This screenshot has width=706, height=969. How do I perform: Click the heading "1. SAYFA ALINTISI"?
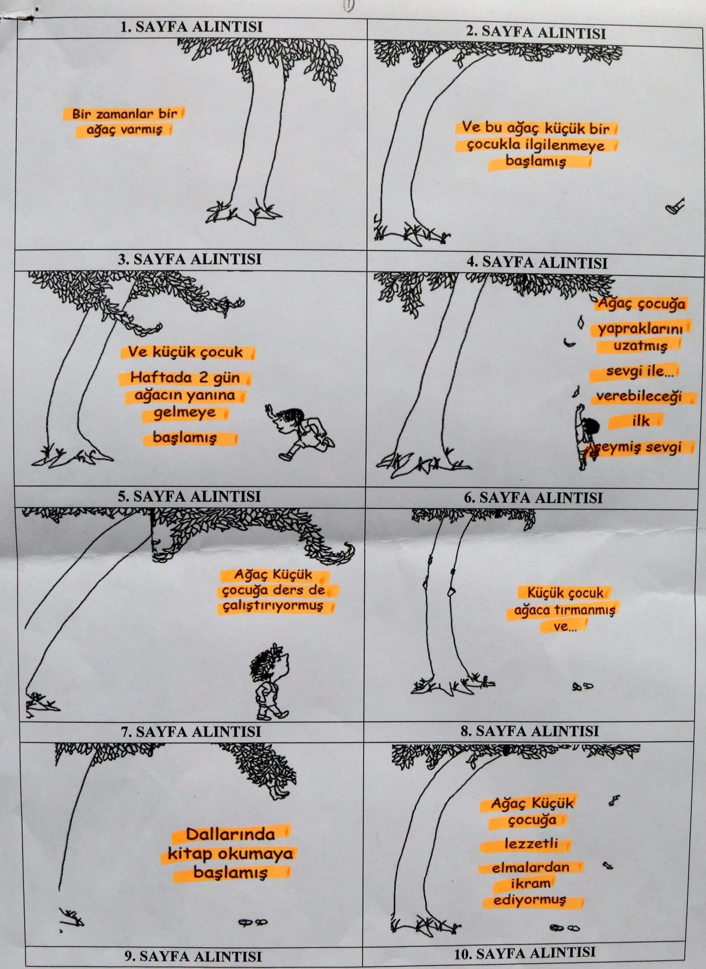point(191,26)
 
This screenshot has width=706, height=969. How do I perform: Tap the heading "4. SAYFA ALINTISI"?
point(537,262)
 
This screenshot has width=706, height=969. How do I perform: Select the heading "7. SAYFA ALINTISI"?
point(191,731)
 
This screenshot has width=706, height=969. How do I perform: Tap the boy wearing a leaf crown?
point(269,680)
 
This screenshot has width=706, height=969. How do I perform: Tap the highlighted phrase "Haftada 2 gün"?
point(185,378)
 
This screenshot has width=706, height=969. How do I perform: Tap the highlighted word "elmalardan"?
point(531,867)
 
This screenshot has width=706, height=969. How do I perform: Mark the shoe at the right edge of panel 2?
point(675,206)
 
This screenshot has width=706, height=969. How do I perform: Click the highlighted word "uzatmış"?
point(640,345)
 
